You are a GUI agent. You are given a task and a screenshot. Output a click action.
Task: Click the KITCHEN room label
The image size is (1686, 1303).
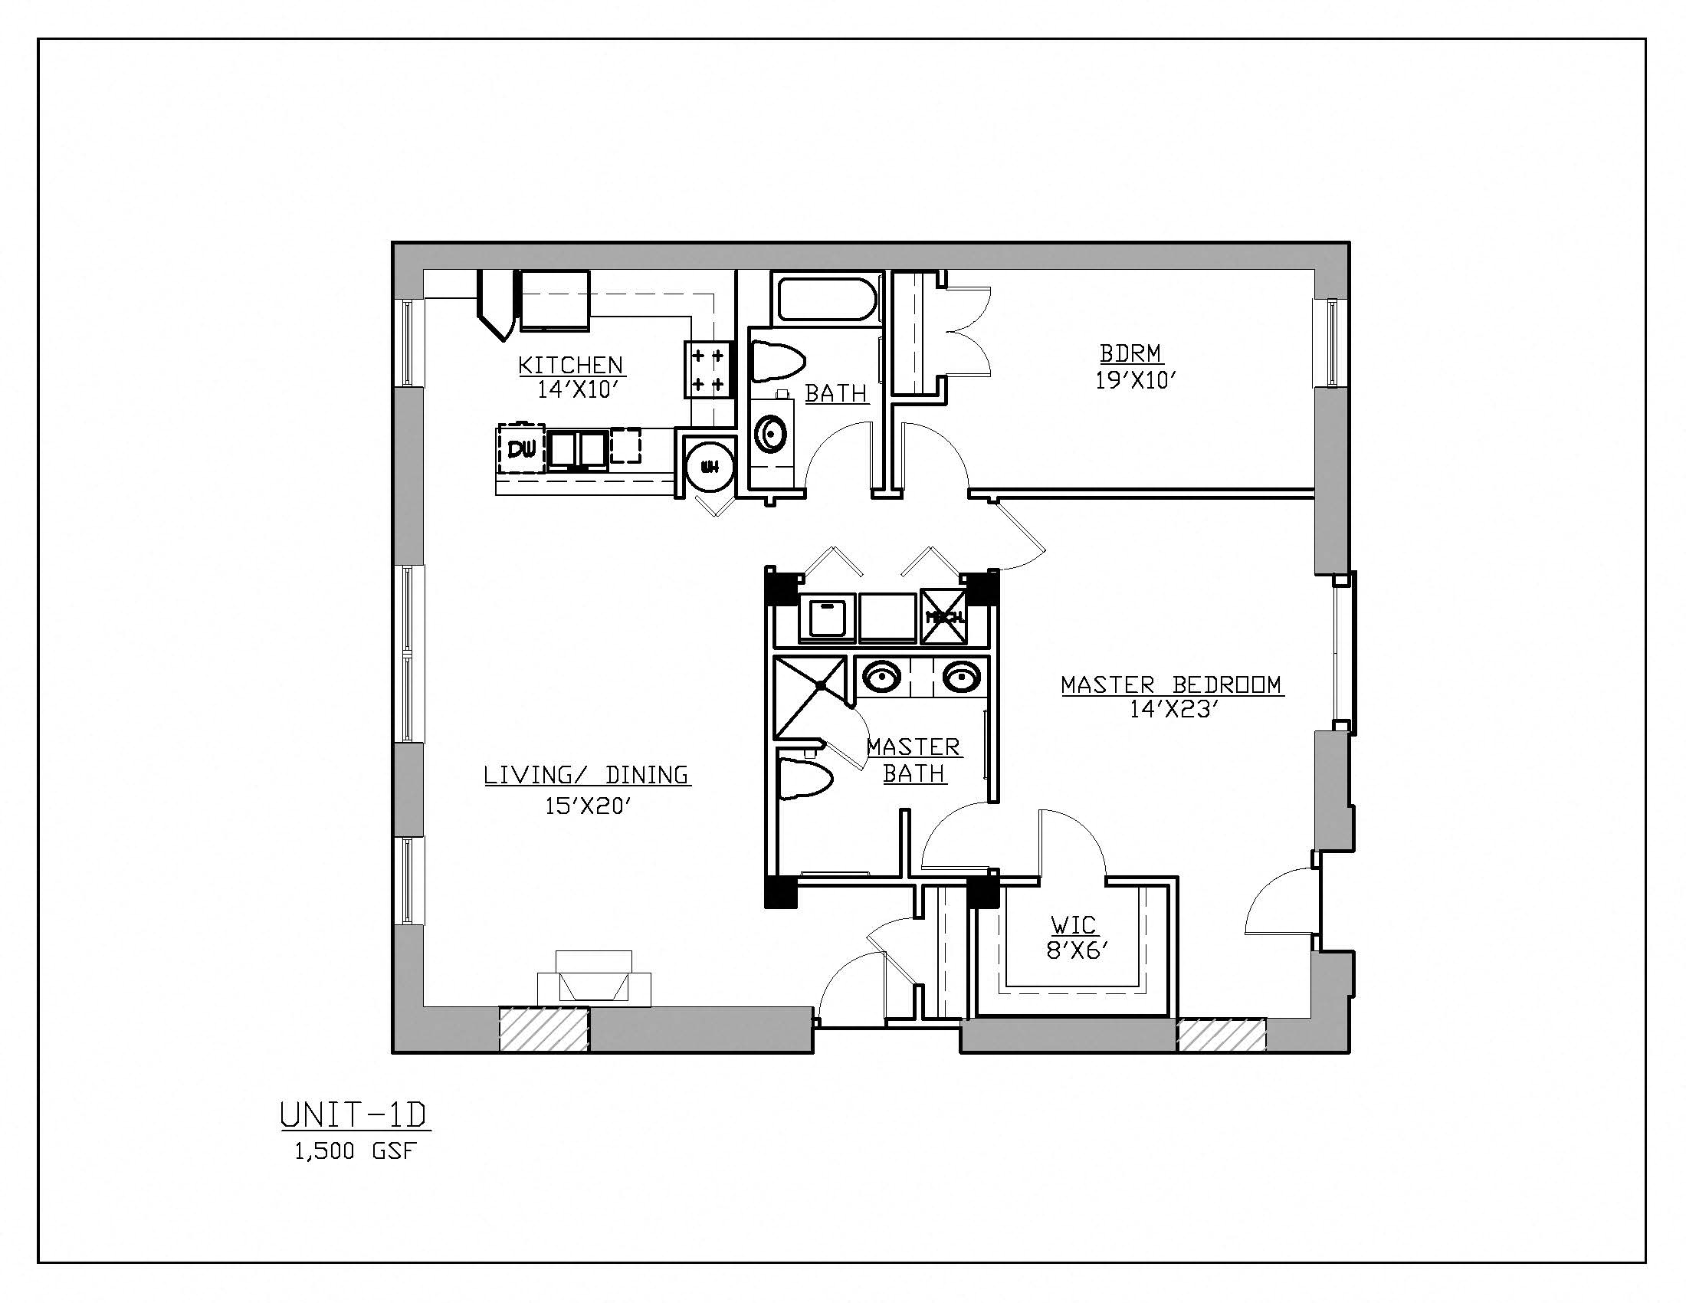click(569, 364)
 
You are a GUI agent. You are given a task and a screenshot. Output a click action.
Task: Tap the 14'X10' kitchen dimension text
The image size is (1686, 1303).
click(578, 390)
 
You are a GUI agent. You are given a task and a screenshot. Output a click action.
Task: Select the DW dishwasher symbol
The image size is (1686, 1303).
click(521, 448)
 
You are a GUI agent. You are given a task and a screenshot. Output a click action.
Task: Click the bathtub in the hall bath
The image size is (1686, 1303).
click(827, 301)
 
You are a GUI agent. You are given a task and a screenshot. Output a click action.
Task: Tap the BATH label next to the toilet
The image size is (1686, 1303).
click(836, 394)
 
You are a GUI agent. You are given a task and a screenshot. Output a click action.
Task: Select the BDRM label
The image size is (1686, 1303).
click(1130, 353)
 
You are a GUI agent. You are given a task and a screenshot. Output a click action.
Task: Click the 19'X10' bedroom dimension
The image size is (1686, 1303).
click(1135, 381)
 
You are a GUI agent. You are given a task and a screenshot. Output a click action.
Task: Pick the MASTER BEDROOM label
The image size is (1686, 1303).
click(1172, 684)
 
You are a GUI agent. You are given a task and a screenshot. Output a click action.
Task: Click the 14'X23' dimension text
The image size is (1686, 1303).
click(1173, 710)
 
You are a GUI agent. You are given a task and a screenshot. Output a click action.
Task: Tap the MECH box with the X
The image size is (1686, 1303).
click(944, 616)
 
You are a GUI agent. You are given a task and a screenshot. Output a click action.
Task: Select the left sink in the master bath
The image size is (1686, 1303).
click(881, 678)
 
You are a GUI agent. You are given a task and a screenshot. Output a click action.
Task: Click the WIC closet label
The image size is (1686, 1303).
click(1073, 924)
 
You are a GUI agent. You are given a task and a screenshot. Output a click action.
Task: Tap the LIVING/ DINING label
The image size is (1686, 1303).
click(586, 775)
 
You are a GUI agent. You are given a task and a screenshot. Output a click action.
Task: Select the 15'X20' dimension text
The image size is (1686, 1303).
click(589, 806)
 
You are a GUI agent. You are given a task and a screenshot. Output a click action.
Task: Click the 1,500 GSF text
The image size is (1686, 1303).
click(354, 1152)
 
